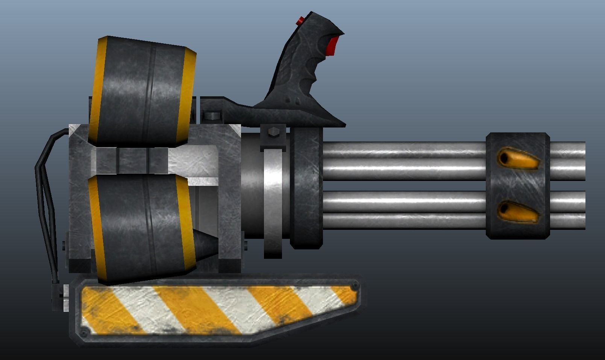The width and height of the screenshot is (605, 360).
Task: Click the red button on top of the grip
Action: coord(300,21)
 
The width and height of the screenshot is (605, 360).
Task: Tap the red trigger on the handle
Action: coord(331,45)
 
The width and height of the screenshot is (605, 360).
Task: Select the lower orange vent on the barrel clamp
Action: coord(518,211)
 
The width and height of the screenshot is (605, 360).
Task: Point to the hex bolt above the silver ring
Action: coord(273,133)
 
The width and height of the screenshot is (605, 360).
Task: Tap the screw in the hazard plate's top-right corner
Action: coord(353,287)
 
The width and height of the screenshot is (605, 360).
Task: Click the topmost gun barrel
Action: coord(402,149)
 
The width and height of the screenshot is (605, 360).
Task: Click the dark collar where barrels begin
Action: coord(307,188)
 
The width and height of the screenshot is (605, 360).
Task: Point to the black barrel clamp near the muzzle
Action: coord(517,185)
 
